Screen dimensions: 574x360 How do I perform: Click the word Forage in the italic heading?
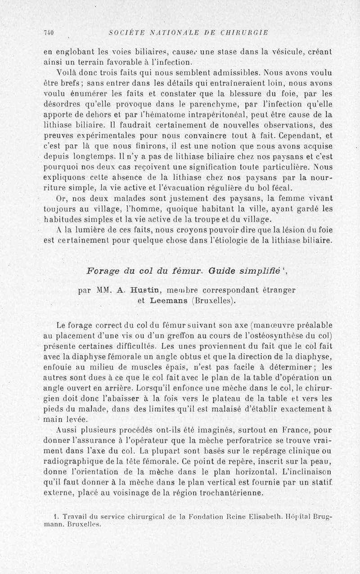click(x=103, y=271)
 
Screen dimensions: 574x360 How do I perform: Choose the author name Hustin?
click(x=136, y=290)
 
